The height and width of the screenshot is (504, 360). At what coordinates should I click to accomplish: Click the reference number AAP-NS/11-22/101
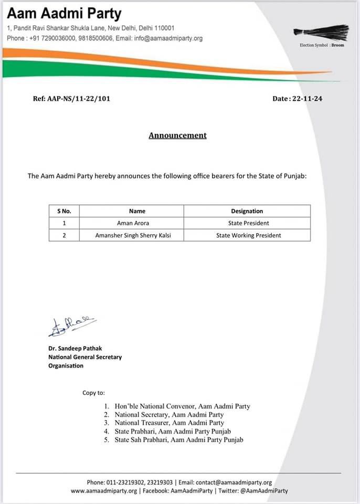click(71, 98)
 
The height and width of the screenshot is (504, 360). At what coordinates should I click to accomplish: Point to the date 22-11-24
click(298, 98)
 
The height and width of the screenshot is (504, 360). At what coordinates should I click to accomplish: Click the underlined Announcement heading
click(177, 135)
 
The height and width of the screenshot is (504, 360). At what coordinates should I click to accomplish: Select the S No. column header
click(64, 211)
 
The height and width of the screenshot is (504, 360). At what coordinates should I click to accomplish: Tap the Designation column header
click(247, 211)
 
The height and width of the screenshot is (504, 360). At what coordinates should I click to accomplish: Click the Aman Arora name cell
click(133, 223)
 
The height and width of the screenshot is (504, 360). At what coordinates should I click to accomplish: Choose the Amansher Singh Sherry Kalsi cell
click(133, 235)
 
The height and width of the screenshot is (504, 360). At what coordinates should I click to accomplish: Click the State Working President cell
click(248, 235)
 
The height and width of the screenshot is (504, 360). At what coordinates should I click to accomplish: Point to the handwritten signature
click(70, 326)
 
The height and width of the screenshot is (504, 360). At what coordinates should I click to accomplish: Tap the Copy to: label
click(93, 392)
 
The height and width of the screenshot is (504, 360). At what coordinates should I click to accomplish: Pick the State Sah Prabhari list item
click(178, 439)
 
